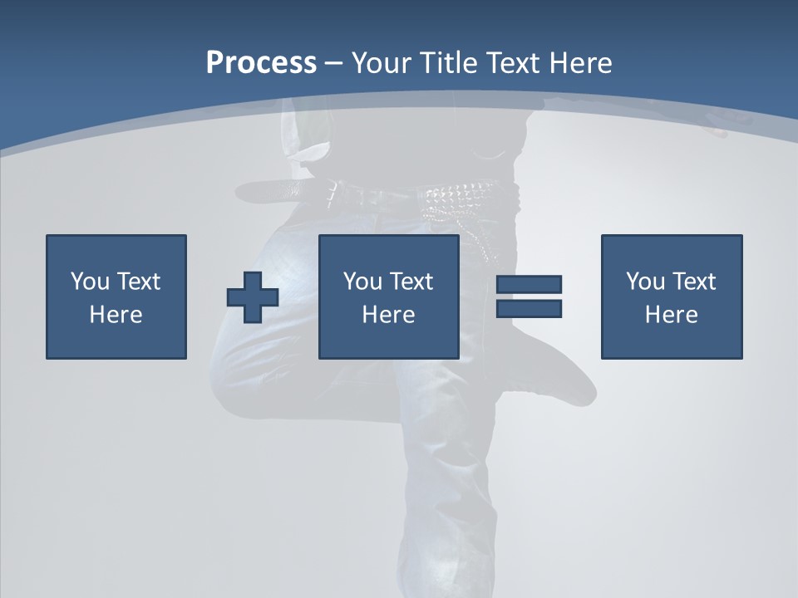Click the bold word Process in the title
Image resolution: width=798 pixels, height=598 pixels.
(x=261, y=63)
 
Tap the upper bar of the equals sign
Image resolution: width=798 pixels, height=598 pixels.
(x=529, y=285)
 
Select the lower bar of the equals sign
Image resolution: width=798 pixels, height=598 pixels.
(x=529, y=309)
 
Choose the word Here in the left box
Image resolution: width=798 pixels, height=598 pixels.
(x=116, y=315)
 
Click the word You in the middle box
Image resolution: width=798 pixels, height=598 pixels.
(x=362, y=282)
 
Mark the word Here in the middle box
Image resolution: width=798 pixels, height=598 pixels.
(x=388, y=315)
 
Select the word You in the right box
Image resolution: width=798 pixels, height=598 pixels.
(x=645, y=282)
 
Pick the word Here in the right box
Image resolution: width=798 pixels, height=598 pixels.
(x=671, y=315)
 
